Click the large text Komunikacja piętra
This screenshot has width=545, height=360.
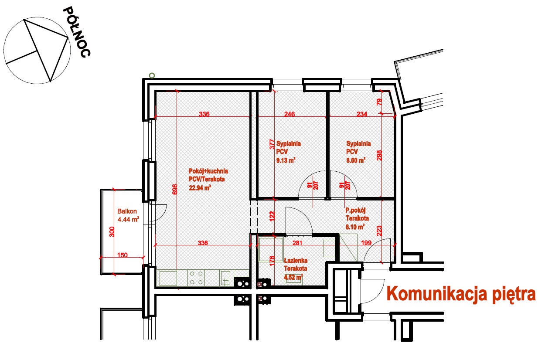point(461,294)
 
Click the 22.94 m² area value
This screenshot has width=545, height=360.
point(200,188)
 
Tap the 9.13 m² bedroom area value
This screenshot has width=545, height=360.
point(286,160)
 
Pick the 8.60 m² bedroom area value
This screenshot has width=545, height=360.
point(356,160)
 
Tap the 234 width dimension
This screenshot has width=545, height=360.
point(362,114)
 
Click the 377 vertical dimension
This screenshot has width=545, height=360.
point(272,145)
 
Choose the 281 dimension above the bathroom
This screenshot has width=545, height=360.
point(297,243)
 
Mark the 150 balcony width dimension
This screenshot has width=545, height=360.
point(123,255)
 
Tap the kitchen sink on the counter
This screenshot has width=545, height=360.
point(225,278)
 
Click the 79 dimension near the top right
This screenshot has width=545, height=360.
point(379,102)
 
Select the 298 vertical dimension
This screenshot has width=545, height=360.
point(379,155)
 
